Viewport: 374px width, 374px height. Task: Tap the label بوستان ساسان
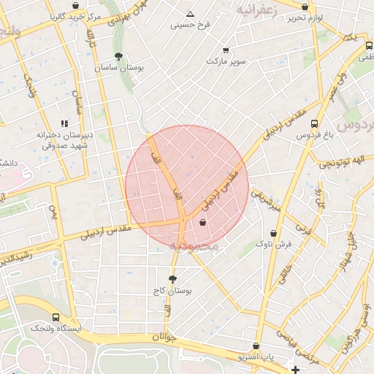(118, 67)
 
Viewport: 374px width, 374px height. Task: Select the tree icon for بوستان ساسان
(118, 56)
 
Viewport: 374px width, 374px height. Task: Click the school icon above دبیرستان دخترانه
(64, 123)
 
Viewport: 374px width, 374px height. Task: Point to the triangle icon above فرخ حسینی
(190, 14)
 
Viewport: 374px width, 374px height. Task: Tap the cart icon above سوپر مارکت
(225, 50)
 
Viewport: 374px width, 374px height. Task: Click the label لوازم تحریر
(305, 17)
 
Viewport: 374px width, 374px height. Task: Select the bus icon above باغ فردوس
(314, 123)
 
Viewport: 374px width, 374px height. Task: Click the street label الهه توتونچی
(346, 162)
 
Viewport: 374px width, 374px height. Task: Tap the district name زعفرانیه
(256, 10)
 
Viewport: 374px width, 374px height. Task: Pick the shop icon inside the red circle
(202, 223)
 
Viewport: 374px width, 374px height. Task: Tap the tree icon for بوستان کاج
(172, 279)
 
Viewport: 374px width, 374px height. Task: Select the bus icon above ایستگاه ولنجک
(56, 318)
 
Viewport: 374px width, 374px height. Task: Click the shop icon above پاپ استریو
(256, 346)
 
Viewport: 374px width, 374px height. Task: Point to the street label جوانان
(166, 337)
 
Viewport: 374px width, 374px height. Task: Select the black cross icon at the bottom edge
(295, 370)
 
